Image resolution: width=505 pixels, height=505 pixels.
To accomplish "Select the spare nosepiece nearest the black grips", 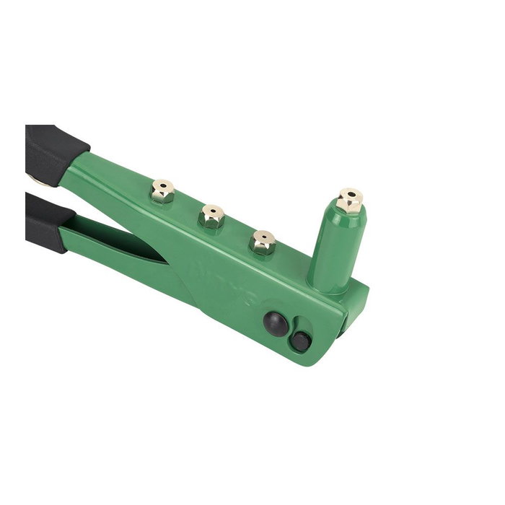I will [x=162, y=193].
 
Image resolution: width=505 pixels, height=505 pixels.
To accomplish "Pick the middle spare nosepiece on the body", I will [x=212, y=216].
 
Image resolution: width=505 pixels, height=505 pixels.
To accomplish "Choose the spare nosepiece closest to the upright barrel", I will [x=263, y=242].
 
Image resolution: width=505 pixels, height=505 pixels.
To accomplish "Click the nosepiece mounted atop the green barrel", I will [x=350, y=201].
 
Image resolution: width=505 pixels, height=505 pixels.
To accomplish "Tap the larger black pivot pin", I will [x=275, y=322].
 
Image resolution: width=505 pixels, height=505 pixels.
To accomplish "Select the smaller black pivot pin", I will [x=301, y=341].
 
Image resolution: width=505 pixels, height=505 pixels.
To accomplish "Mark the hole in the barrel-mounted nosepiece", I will [x=351, y=194].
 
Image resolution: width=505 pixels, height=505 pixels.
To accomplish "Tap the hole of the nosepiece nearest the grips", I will [x=163, y=186].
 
